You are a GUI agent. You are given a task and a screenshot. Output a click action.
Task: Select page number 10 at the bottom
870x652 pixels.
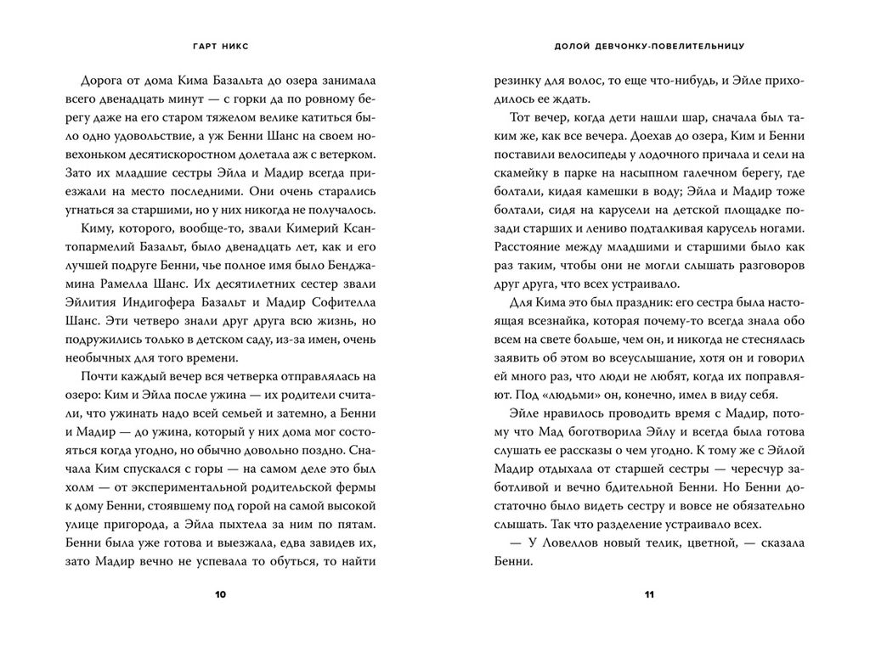tap(220, 596)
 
